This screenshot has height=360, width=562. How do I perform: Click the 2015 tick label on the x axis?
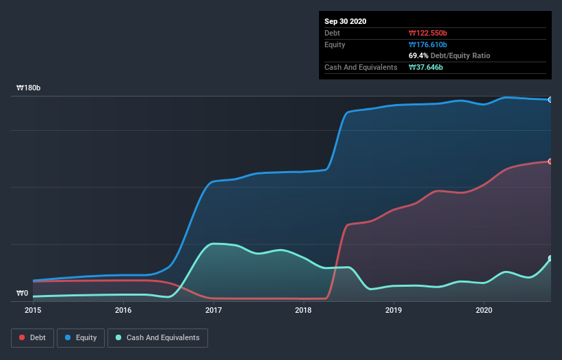pos(33,310)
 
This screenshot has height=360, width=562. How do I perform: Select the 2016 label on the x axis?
pos(123,310)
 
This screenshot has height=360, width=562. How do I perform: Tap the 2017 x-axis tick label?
pos(214,310)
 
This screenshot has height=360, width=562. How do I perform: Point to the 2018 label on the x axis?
pos(303,310)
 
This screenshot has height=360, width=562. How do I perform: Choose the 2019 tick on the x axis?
pos(394,310)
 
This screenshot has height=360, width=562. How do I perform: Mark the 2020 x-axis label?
pos(484,310)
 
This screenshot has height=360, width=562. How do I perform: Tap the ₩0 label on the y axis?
pos(23,294)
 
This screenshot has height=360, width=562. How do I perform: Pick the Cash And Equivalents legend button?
pos(157,337)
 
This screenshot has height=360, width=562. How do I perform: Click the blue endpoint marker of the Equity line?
pos(550,100)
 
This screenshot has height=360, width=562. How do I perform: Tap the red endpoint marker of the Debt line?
pos(550,162)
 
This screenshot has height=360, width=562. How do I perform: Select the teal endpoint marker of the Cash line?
pos(550,259)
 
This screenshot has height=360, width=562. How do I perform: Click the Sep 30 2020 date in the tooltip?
pos(346,21)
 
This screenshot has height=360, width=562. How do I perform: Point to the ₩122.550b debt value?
pos(429,33)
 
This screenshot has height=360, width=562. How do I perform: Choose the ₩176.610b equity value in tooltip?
pos(429,44)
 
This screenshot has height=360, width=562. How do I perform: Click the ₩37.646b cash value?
pos(426,67)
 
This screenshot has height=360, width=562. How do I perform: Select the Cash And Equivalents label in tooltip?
pos(361,67)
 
